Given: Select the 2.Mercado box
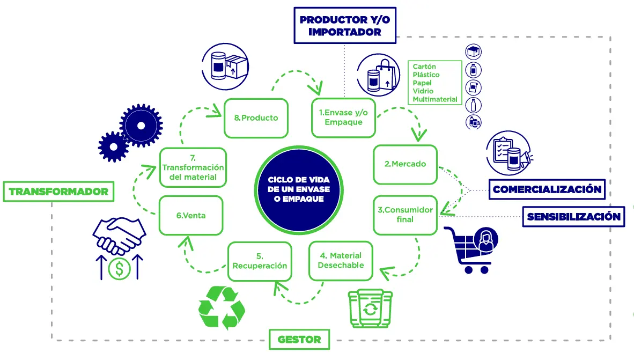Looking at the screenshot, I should click(x=405, y=164).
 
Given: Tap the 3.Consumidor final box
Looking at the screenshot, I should click(x=405, y=215).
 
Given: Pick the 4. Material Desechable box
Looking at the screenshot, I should click(x=340, y=261).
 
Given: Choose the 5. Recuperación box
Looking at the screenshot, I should click(x=260, y=261).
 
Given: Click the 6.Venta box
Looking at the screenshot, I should click(x=191, y=216).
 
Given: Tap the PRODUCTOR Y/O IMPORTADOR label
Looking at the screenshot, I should click(x=344, y=26).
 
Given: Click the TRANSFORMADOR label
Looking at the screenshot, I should click(x=58, y=192).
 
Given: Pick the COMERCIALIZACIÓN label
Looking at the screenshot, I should click(x=547, y=189).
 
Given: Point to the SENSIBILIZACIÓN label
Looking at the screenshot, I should click(x=573, y=217).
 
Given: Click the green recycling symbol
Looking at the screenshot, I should click(x=222, y=307).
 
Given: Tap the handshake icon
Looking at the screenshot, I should click(x=119, y=235).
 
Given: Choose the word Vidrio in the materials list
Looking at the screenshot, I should click(x=423, y=91).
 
